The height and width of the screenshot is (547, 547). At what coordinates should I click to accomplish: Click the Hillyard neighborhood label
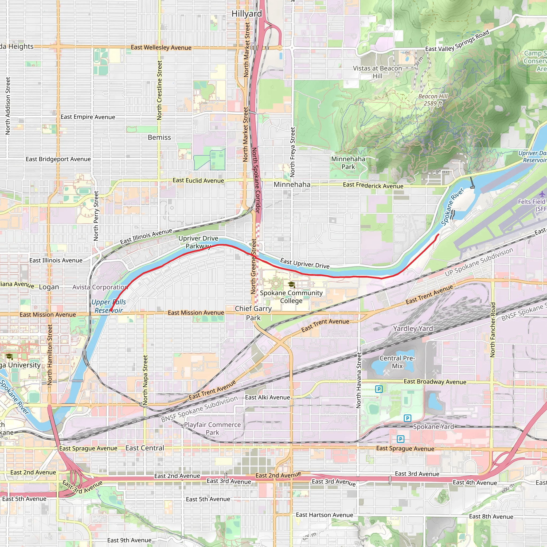(x=247, y=14)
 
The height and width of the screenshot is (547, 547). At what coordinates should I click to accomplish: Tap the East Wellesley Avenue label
(x=161, y=48)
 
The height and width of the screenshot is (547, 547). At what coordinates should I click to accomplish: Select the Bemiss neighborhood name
(x=159, y=138)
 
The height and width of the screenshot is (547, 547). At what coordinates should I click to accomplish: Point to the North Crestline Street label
(x=159, y=90)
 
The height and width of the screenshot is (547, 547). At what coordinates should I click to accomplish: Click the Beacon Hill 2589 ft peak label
(x=433, y=100)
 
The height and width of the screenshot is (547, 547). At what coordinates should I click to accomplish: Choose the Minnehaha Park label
(x=348, y=163)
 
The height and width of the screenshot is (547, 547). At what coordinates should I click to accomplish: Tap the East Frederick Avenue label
(x=373, y=185)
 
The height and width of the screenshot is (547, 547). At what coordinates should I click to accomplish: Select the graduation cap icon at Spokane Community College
(x=291, y=284)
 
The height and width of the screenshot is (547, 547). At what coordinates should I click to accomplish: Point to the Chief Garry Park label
(x=253, y=313)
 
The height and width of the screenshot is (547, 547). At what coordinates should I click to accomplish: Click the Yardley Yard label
(x=413, y=329)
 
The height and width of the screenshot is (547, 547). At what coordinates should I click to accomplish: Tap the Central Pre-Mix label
(x=397, y=362)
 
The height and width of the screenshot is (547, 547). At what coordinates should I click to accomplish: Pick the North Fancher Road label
(x=493, y=330)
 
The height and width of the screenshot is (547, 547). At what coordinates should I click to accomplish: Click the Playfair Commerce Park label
(x=212, y=428)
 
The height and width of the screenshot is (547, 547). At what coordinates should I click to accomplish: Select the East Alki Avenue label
(x=268, y=397)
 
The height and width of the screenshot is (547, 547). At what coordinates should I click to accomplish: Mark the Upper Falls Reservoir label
(x=109, y=306)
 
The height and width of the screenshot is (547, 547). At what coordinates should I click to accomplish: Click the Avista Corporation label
(x=100, y=287)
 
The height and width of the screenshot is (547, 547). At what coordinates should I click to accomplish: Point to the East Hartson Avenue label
(x=325, y=515)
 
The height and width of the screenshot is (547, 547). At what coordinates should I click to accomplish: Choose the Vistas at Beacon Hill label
(x=377, y=72)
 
